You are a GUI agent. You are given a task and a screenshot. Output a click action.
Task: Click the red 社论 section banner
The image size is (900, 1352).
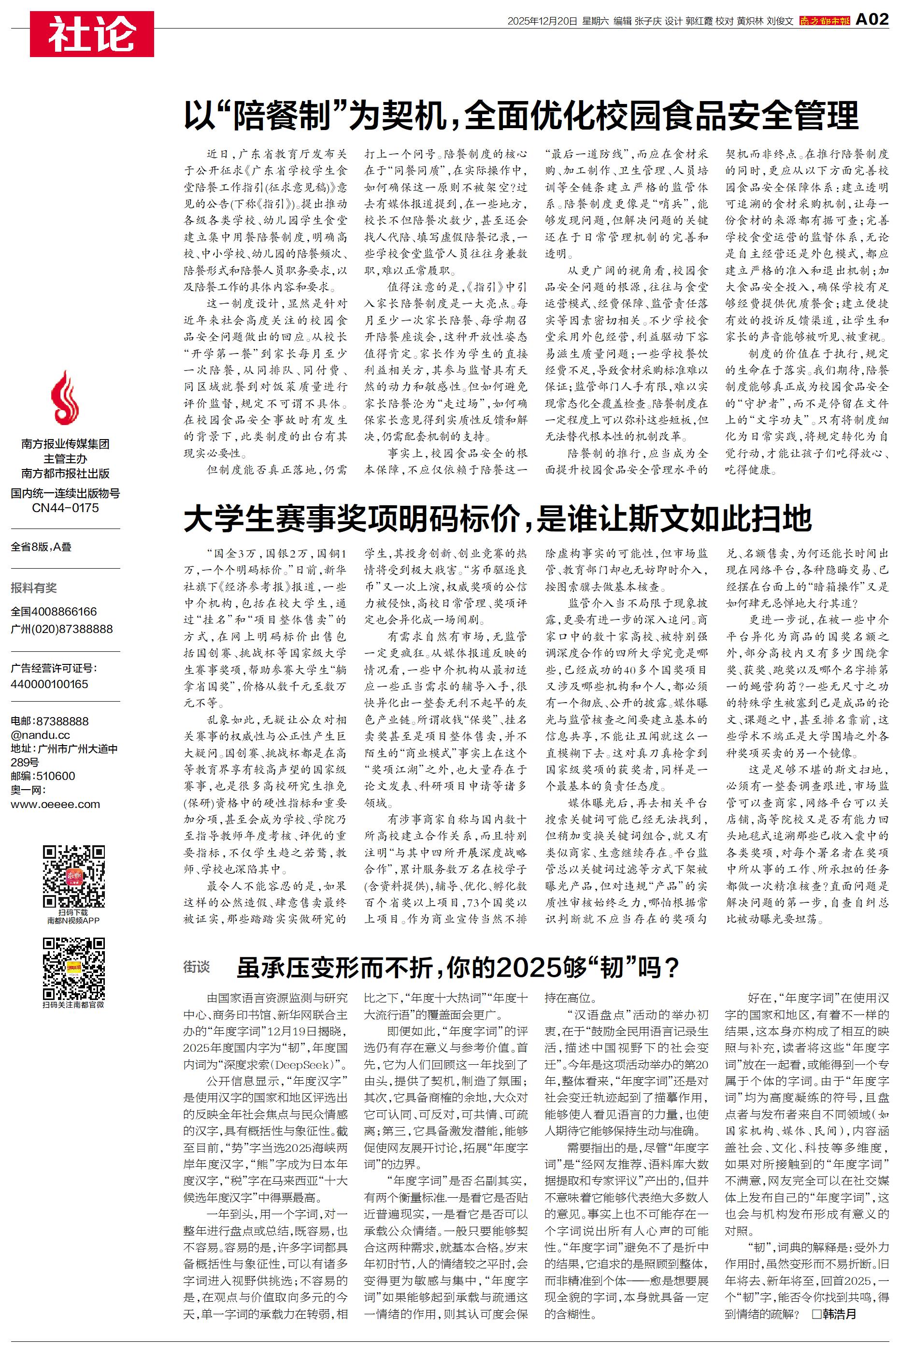tap(92, 33)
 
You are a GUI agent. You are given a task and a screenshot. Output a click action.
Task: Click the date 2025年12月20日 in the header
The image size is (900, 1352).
tap(542, 21)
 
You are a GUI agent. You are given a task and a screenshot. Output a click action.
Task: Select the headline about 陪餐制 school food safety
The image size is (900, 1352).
tap(521, 116)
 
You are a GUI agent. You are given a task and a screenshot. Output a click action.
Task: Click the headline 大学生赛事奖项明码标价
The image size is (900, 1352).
tap(497, 519)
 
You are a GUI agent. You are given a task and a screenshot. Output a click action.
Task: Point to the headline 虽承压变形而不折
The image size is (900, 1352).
tap(458, 967)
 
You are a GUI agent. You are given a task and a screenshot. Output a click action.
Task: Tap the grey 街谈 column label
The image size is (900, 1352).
tap(196, 967)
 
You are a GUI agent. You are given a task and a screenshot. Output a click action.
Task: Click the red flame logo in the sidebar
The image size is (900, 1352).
tap(65, 397)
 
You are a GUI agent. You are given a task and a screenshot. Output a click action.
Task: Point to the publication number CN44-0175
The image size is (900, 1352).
tap(65, 508)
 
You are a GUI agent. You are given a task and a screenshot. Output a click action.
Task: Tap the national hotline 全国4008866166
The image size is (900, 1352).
tap(54, 612)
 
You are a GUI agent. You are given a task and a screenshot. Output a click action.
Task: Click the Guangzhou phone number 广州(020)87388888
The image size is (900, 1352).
tap(61, 629)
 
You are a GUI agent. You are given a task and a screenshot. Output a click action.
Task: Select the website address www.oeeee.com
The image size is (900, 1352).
tap(55, 804)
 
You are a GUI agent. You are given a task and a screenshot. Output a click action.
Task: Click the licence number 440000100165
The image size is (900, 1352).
tap(49, 684)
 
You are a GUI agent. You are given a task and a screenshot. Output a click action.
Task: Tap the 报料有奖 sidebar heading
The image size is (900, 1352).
tap(34, 588)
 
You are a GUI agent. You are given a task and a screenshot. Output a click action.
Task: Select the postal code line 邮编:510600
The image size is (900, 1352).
tap(43, 776)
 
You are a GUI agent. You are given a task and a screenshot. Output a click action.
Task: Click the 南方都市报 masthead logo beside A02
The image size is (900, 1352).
tap(824, 21)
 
